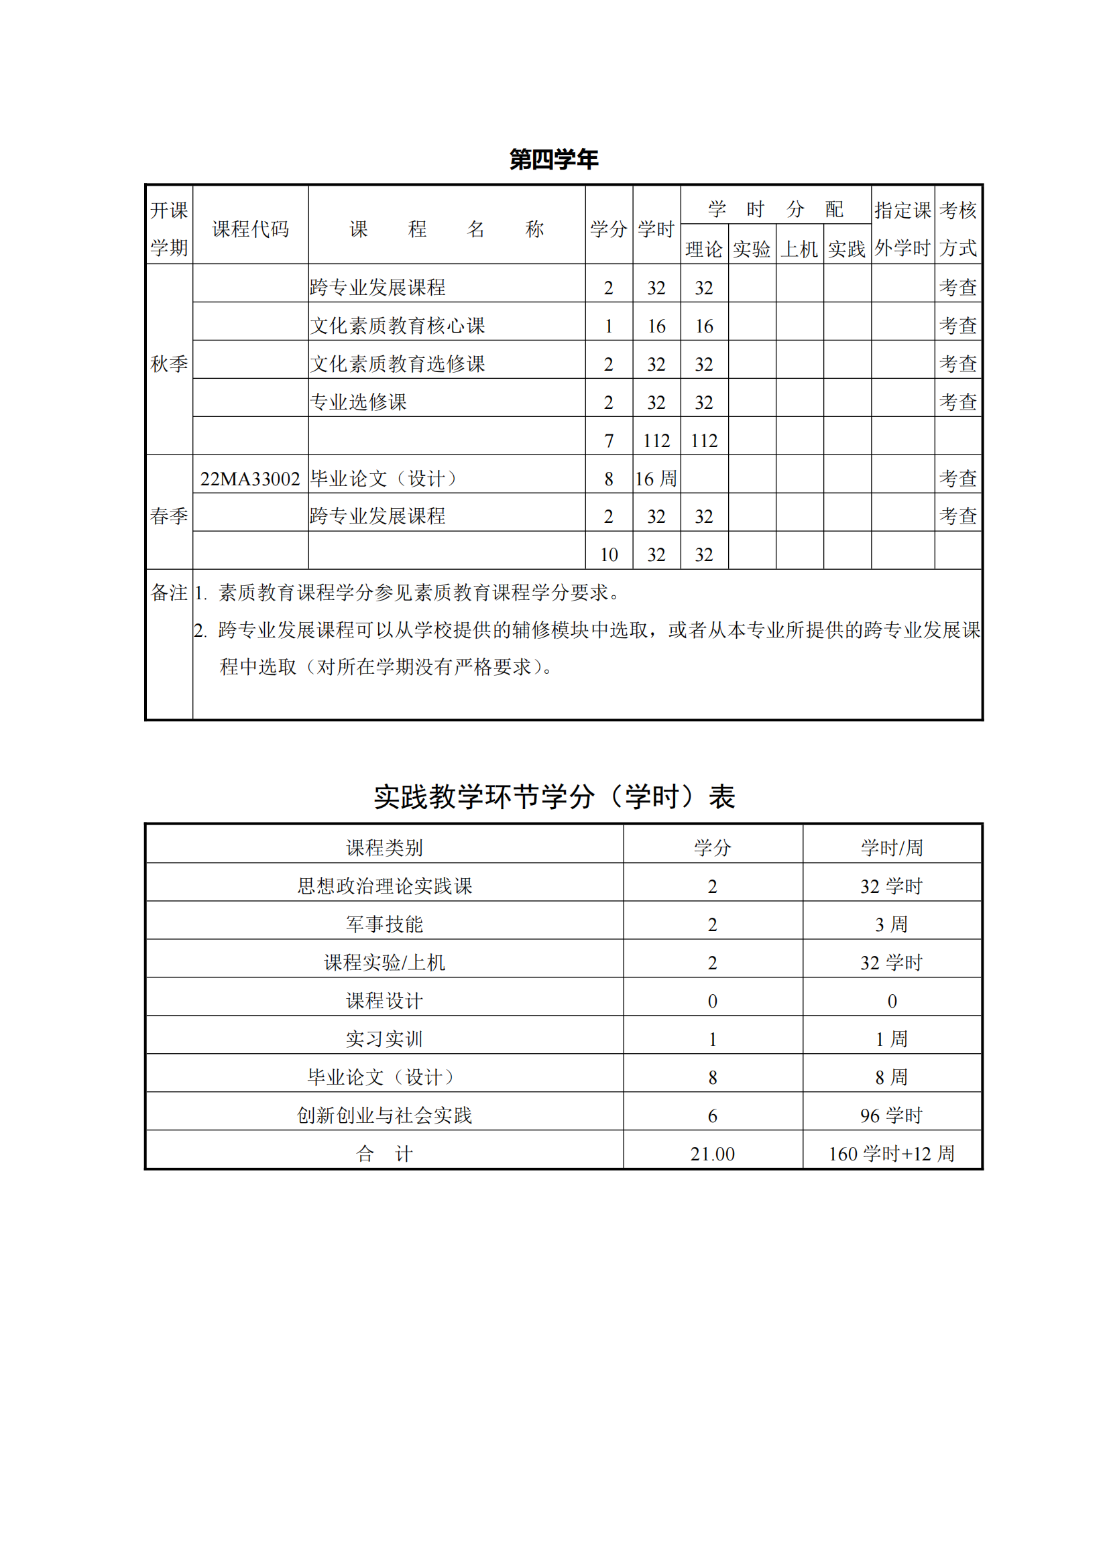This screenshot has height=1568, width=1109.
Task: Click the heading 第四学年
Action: [x=554, y=159]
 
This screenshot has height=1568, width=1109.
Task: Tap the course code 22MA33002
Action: [x=250, y=479]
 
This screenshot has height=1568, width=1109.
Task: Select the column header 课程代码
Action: [x=250, y=229]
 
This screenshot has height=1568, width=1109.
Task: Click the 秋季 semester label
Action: [x=169, y=363]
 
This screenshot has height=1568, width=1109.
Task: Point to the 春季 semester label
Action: [x=169, y=516]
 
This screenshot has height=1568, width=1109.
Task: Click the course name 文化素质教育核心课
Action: [x=398, y=326]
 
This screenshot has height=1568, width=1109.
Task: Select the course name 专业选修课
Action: [x=359, y=402]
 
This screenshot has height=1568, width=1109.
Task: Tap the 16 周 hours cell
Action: [x=656, y=479]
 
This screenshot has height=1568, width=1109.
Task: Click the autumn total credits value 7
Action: [x=608, y=441]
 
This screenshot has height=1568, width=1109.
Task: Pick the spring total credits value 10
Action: [x=608, y=554]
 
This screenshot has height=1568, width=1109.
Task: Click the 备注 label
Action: [x=169, y=592]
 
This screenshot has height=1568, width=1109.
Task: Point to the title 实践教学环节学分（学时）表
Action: [x=554, y=796]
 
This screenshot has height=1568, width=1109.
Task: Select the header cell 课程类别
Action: [x=384, y=847]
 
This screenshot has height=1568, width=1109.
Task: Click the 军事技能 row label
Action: [x=384, y=924]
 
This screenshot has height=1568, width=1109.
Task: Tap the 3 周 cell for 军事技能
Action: [x=891, y=924]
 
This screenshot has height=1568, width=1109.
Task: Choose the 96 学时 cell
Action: [x=891, y=1115]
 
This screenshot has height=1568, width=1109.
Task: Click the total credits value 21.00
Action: [x=712, y=1154]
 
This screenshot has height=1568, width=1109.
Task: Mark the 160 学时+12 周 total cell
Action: [x=891, y=1154]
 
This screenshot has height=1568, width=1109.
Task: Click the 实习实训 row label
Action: [x=384, y=1038]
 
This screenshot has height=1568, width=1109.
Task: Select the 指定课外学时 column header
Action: [x=902, y=229]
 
